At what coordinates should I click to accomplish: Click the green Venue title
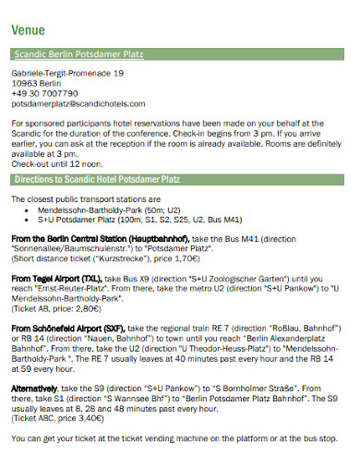pyautogui.click(x=28, y=29)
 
